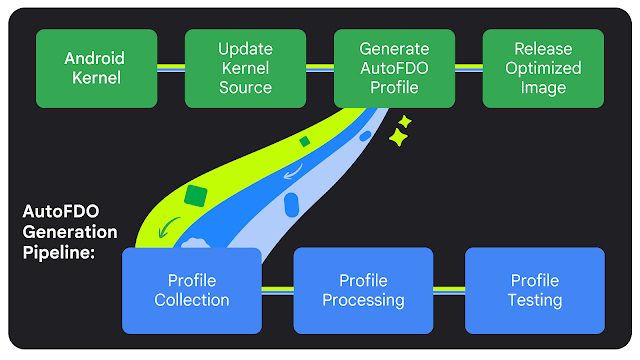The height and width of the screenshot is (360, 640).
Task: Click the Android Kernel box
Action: [x=97, y=68]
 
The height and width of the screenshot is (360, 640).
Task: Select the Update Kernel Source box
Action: [x=245, y=68]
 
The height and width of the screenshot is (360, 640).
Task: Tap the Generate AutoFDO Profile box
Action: [x=394, y=68]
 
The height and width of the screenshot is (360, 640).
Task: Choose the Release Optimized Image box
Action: [x=543, y=68]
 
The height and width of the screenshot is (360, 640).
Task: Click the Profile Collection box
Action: [x=191, y=290]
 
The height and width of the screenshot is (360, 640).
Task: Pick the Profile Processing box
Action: [x=363, y=290]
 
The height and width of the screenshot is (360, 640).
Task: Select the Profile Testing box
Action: [x=535, y=290]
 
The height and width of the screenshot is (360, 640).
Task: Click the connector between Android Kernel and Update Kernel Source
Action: [x=171, y=68]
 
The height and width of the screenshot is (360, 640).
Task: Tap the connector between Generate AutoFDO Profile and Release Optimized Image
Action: [x=469, y=68]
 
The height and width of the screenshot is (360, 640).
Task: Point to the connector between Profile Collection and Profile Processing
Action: [x=277, y=290]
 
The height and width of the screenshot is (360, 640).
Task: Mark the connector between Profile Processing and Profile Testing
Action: [x=449, y=290]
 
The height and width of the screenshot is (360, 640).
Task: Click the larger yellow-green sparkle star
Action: [x=398, y=139]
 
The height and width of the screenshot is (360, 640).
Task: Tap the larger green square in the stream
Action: [x=196, y=195]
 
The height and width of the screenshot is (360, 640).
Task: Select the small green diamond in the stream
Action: [x=304, y=142]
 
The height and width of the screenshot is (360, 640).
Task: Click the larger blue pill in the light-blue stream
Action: [x=292, y=206]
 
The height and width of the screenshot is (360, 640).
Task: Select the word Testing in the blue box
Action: [x=535, y=300]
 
